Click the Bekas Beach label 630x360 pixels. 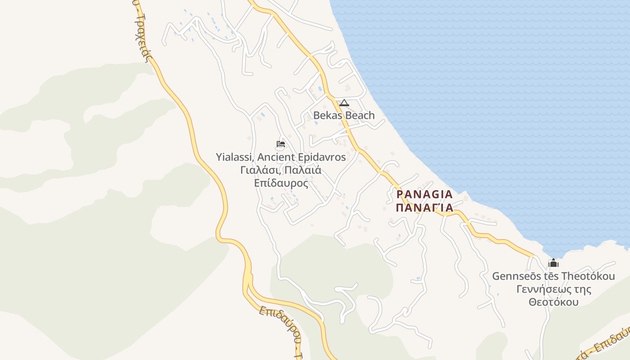(x=344, y=115)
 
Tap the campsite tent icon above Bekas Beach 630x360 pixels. (x=344, y=103)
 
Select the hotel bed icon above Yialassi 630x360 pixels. (x=281, y=144)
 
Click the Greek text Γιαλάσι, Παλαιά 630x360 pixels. (x=281, y=171)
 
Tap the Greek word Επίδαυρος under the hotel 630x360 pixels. (x=281, y=183)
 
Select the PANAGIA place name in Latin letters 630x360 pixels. (x=424, y=194)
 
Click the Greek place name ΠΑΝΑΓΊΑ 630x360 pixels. (x=424, y=207)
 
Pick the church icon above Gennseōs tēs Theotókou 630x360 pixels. (x=553, y=263)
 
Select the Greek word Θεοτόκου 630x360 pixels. (x=553, y=301)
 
